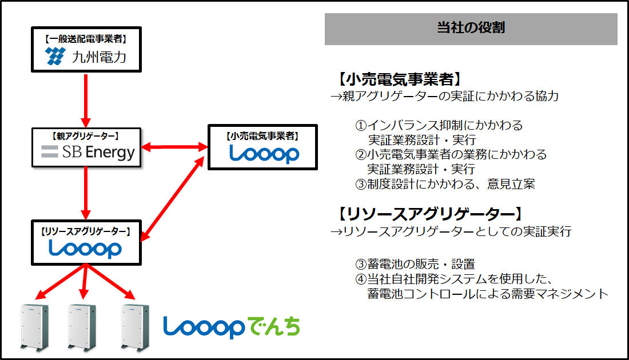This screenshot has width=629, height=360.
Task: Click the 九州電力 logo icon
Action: pyautogui.click(x=55, y=56)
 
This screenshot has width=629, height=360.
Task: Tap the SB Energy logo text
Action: pyautogui.click(x=98, y=153)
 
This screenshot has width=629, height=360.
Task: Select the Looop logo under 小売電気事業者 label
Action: pyautogui.click(x=264, y=154)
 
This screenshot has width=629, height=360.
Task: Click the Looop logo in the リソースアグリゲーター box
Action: pyautogui.click(x=85, y=249)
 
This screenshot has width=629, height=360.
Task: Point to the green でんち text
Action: pyautogui.click(x=273, y=326)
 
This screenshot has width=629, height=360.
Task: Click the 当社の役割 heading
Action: pyautogui.click(x=471, y=27)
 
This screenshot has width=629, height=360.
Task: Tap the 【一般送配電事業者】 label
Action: pyautogui.click(x=86, y=39)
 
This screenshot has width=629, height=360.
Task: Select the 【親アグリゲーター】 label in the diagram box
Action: pyautogui.click(x=85, y=137)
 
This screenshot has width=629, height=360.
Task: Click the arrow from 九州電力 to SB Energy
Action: pyautogui.click(x=85, y=100)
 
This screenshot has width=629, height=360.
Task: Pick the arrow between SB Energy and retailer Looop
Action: pyautogui.click(x=174, y=147)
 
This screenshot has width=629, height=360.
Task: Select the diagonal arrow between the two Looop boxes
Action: pyautogui.click(x=173, y=198)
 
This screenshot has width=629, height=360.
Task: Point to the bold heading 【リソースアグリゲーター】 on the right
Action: pyautogui.click(x=430, y=214)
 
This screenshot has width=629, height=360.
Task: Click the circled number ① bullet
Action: pyautogui.click(x=361, y=126)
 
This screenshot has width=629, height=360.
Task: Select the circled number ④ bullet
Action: pyautogui.click(x=361, y=279)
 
